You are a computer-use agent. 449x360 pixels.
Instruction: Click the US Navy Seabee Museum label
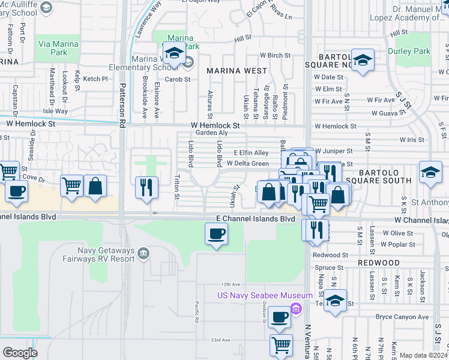pyautogui.click(x=265, y=295)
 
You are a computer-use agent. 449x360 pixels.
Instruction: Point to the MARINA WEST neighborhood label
pyautogui.click(x=237, y=71)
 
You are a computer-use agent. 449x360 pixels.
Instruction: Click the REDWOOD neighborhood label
pyautogui.click(x=378, y=263)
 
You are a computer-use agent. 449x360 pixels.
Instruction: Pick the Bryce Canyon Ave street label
pyautogui.click(x=402, y=317)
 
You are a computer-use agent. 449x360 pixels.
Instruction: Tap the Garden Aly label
pyautogui.click(x=213, y=133)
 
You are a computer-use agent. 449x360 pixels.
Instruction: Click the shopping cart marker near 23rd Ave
pyautogui.click(x=281, y=345)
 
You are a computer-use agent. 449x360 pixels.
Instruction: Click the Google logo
pyautogui.click(x=20, y=353)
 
